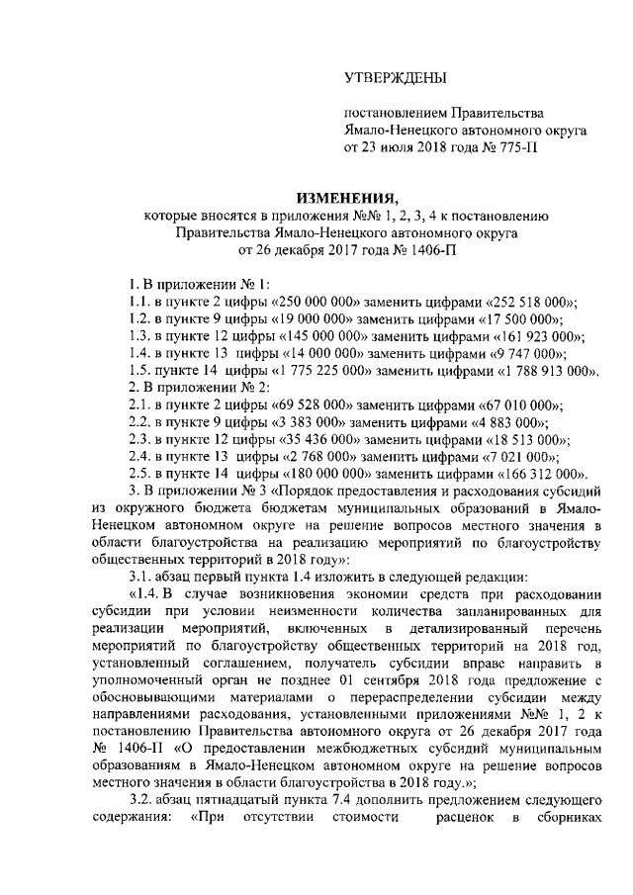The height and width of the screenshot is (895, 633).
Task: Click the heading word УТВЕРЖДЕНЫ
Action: click(x=394, y=77)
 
